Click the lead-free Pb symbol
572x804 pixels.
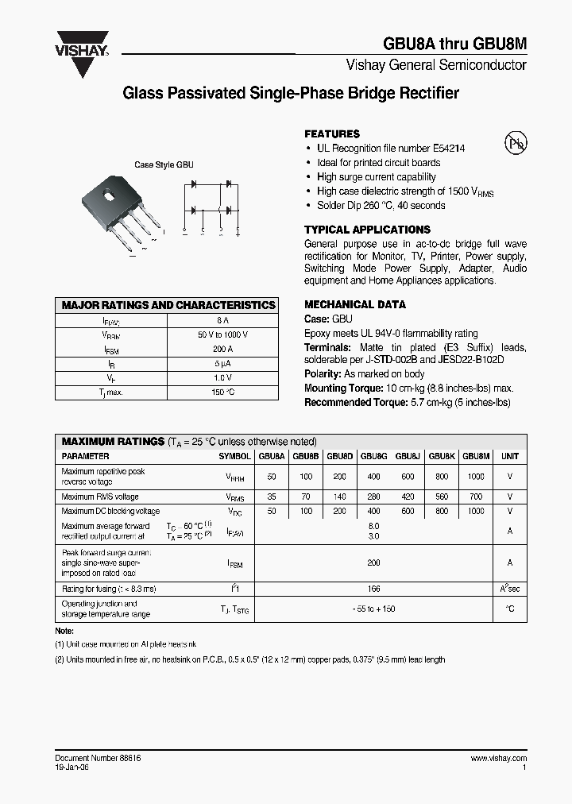tap(516, 144)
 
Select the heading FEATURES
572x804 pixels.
tap(332, 134)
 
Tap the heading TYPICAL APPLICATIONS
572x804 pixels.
tap(367, 230)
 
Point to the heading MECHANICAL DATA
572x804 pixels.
tap(355, 304)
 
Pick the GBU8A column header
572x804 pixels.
tap(272, 457)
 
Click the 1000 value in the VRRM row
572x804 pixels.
tap(476, 477)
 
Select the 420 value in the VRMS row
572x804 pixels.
tap(408, 497)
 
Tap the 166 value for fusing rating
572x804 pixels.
tap(374, 589)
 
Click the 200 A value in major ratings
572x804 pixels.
tap(222, 349)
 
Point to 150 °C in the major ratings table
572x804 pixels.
tap(222, 392)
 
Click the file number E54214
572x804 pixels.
tap(449, 149)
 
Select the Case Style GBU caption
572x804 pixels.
tap(164, 165)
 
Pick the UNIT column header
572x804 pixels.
tap(510, 457)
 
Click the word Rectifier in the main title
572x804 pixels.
tap(429, 94)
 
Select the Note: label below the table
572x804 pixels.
tap(64, 631)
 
